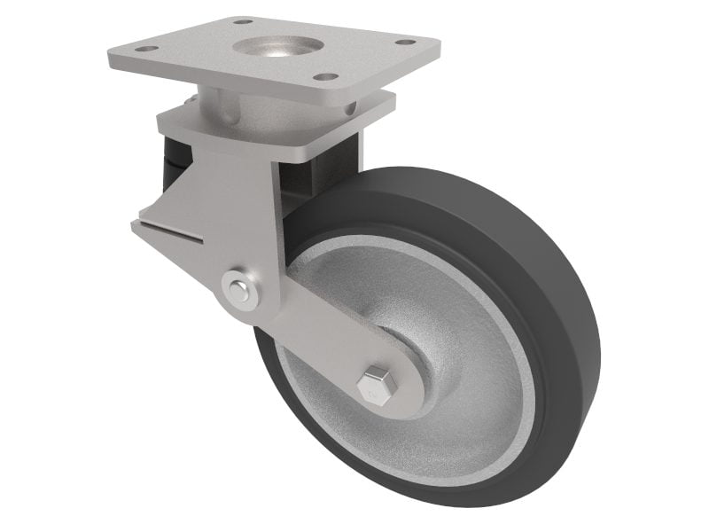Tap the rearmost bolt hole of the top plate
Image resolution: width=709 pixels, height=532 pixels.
[242, 20]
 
